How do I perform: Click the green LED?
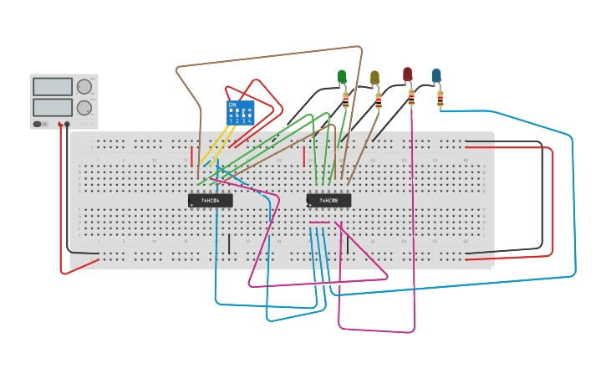tap(342, 77)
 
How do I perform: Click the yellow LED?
tap(374, 78)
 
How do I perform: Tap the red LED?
tap(407, 74)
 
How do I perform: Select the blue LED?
tap(436, 75)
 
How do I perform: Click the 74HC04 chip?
tap(211, 200)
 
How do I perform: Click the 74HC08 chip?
tap(328, 200)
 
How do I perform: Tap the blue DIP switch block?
tap(240, 113)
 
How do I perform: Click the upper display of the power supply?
tap(52, 86)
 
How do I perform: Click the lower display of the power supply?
tap(52, 107)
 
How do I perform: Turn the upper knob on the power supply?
tap(84, 86)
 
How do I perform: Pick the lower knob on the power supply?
tap(84, 108)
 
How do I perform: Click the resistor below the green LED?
tap(346, 100)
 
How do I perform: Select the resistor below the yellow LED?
tap(379, 101)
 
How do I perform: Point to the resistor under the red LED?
tap(411, 98)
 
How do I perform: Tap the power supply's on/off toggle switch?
tap(38, 124)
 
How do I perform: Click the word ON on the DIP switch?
tap(232, 105)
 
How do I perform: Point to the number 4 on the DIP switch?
tap(250, 121)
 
